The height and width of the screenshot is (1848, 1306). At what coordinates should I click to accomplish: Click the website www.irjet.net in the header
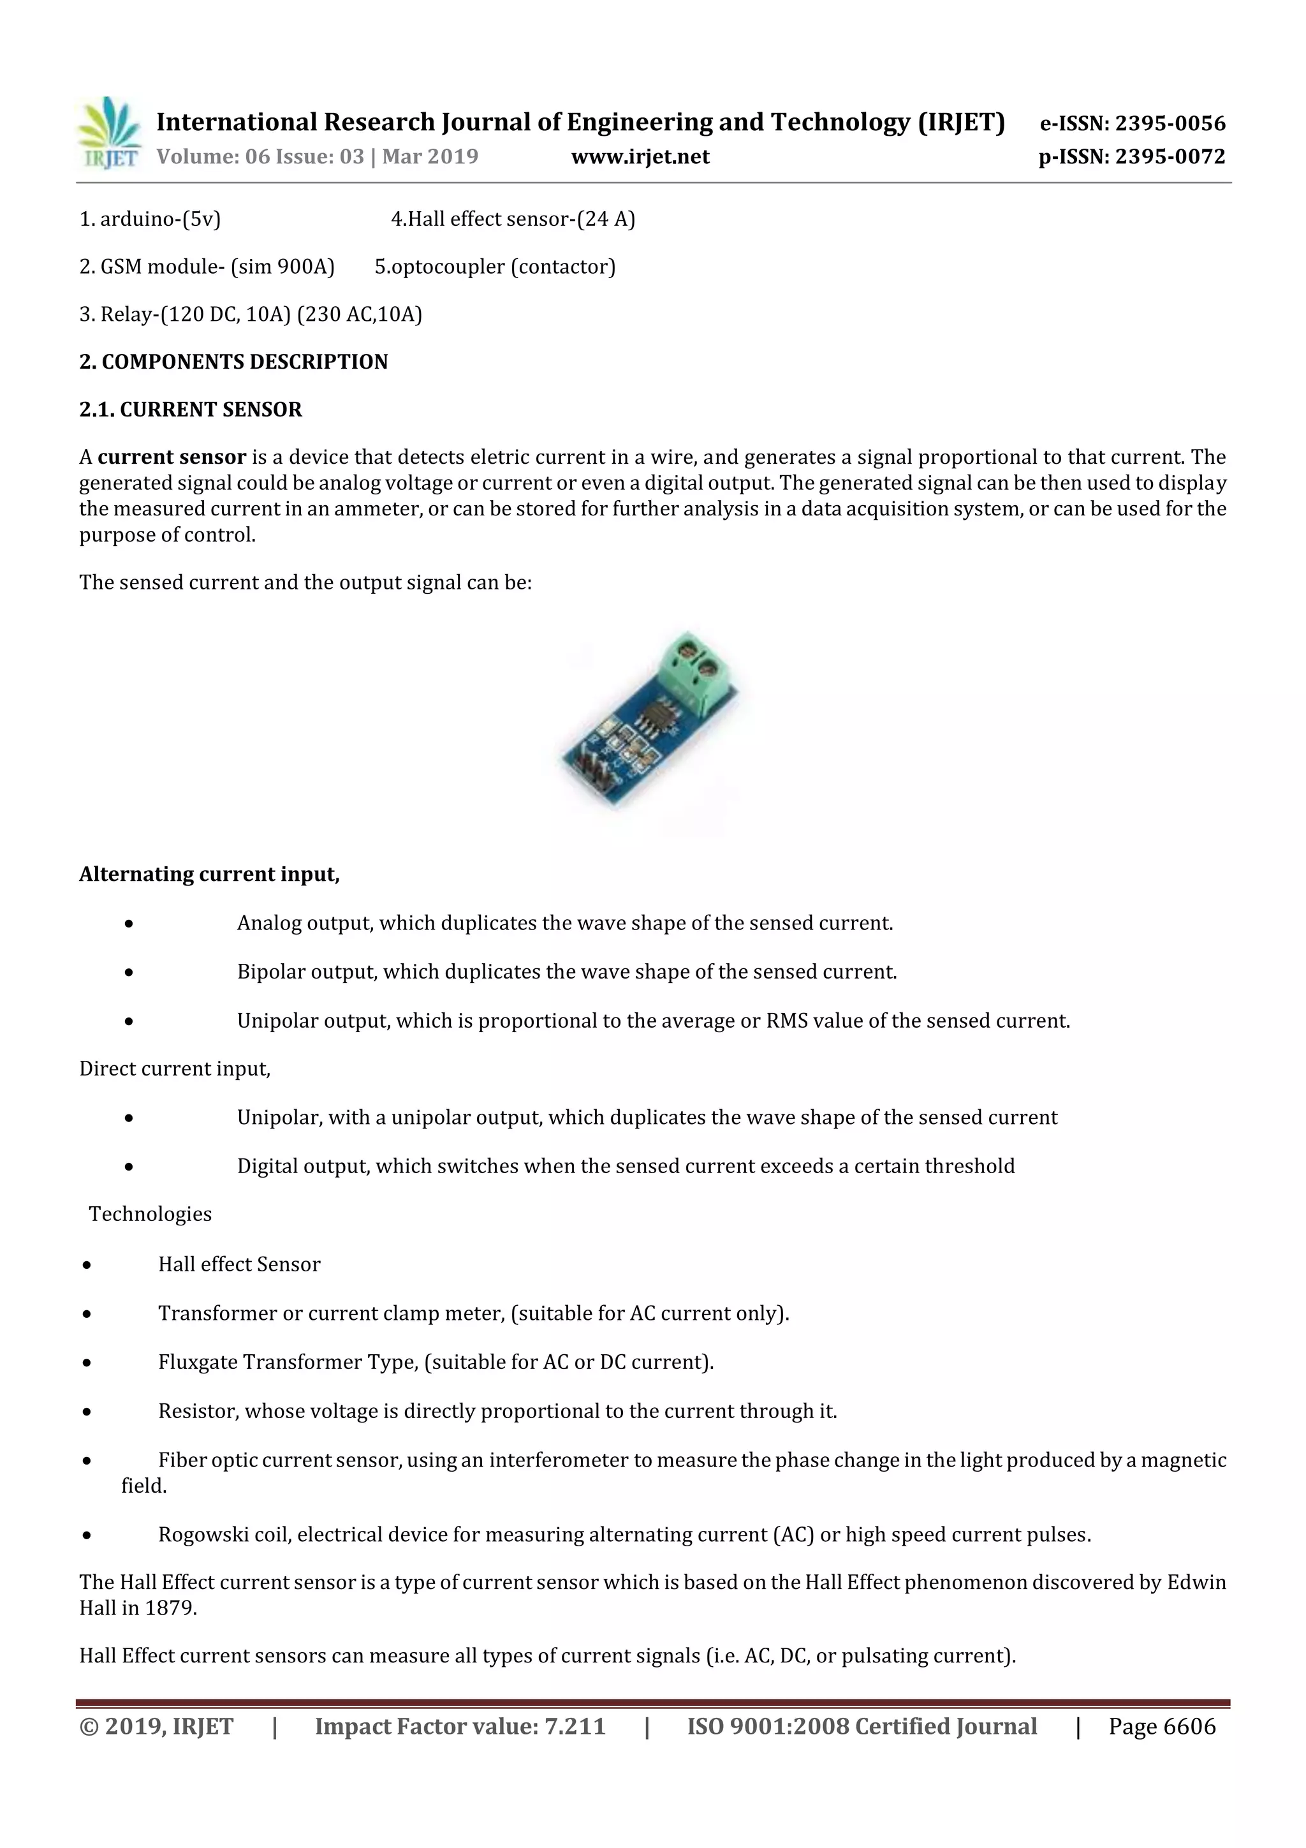(x=640, y=156)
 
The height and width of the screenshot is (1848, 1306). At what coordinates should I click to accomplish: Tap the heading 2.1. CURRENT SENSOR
(x=191, y=410)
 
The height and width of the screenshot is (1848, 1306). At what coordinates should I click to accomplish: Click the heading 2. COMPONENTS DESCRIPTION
(x=233, y=362)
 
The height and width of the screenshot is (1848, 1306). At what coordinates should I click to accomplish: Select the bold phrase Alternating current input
(x=209, y=875)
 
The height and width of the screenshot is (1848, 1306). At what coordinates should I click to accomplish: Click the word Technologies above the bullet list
(x=150, y=1214)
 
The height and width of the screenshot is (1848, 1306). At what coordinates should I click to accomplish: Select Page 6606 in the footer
(x=1162, y=1726)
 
